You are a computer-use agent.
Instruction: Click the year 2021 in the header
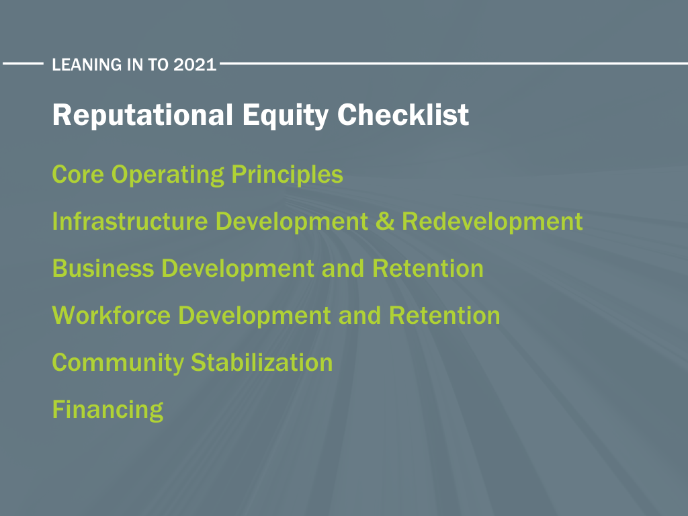pyautogui.click(x=195, y=64)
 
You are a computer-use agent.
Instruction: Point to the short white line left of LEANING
pyautogui.click(x=24, y=64)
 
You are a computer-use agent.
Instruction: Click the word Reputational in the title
pyautogui.click(x=142, y=115)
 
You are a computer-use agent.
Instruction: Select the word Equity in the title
pyautogui.click(x=285, y=116)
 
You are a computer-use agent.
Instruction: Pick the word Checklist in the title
pyautogui.click(x=403, y=114)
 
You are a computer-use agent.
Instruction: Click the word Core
pyautogui.click(x=78, y=175)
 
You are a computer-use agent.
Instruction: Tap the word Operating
pyautogui.click(x=167, y=175)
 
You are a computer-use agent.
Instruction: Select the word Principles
pyautogui.click(x=287, y=175)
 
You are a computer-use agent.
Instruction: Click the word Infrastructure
pyautogui.click(x=130, y=221)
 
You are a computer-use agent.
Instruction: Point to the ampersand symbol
pyautogui.click(x=385, y=221)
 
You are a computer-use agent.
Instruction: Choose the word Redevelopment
pyautogui.click(x=492, y=221)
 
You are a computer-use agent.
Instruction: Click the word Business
pyautogui.click(x=103, y=268)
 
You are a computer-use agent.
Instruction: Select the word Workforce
pyautogui.click(x=112, y=315)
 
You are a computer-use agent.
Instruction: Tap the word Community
pyautogui.click(x=118, y=363)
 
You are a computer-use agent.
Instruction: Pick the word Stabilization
pyautogui.click(x=262, y=362)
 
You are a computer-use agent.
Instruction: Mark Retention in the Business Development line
pyautogui.click(x=428, y=268)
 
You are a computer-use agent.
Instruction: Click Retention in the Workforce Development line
pyautogui.click(x=445, y=315)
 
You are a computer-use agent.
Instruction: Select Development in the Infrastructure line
pyautogui.click(x=292, y=222)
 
